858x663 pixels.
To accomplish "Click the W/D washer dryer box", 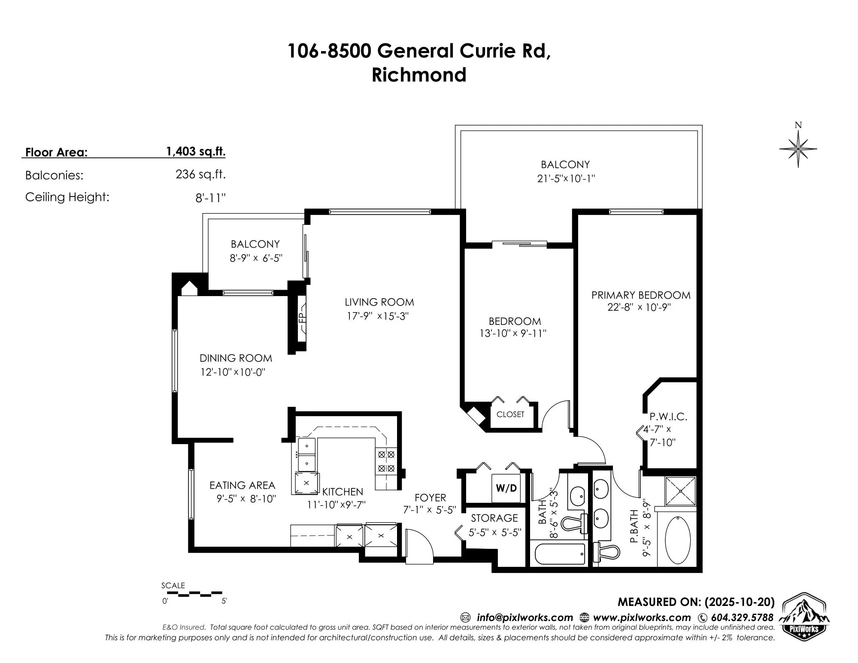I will click(506, 488).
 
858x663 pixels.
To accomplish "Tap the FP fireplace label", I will click(301, 318).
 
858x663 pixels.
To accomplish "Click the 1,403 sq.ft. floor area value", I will click(196, 151).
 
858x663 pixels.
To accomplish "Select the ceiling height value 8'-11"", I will click(210, 198).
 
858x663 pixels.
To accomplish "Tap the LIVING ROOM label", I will click(379, 302).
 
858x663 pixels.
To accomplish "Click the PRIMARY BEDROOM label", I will click(640, 295).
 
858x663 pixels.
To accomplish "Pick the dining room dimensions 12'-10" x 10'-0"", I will click(233, 372).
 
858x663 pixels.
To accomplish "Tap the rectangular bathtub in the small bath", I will click(559, 555).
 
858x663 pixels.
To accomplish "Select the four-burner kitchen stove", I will click(385, 460).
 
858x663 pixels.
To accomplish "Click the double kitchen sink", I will click(307, 454).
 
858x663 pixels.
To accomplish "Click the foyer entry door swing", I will click(418, 547).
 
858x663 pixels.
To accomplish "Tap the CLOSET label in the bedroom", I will click(510, 415).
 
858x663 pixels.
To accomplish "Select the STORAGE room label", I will click(494, 518).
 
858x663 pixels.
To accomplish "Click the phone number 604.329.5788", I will click(742, 618).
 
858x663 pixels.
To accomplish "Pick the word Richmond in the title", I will click(419, 75).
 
